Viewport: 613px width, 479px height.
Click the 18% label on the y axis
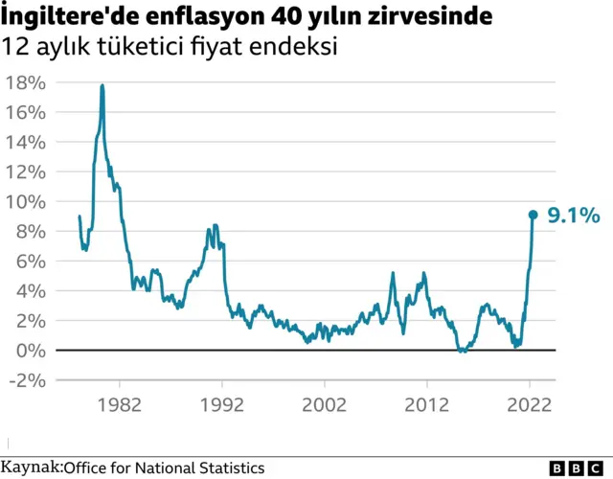26,82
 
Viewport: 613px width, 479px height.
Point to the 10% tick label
26,201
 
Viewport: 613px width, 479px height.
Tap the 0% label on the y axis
31,350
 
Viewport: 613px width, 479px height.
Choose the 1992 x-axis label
222,404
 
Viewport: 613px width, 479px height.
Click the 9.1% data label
574,217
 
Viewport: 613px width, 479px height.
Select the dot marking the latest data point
534,215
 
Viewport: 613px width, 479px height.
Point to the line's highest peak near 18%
102,86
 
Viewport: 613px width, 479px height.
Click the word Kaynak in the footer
31,468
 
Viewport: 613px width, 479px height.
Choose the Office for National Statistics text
164,468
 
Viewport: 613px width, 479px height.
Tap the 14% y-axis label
26,142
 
